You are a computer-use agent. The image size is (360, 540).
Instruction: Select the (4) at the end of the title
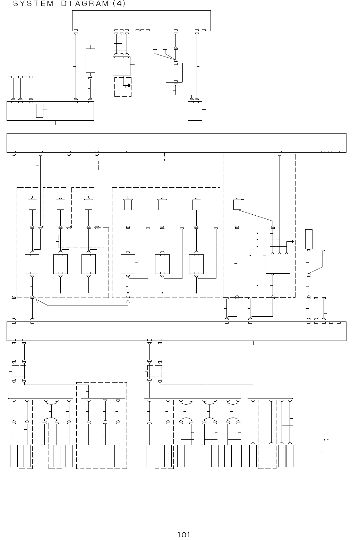[119, 4]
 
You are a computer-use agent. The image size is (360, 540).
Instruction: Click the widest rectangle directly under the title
[141, 20]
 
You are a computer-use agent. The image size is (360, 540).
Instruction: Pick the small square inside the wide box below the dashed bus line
[40, 110]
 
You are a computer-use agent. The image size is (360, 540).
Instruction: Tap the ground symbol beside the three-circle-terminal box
[293, 241]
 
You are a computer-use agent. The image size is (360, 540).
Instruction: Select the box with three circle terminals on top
[278, 264]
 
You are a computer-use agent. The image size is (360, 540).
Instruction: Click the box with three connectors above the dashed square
[121, 66]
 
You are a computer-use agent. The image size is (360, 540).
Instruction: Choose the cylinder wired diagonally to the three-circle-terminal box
[237, 204]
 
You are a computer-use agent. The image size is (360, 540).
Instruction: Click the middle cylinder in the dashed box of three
[162, 204]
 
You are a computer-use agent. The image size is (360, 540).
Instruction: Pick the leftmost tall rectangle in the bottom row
[14, 456]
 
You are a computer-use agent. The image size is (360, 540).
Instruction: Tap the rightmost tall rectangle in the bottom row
[290, 456]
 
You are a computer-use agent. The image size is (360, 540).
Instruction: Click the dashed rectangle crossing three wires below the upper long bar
[69, 165]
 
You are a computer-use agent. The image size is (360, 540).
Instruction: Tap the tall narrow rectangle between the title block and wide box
[90, 60]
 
